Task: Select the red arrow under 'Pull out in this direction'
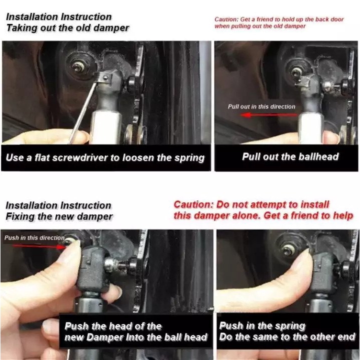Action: coord(269,115)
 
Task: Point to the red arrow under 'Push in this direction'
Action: coord(39,246)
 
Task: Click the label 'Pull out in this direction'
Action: coord(261,106)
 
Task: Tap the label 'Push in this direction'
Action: coord(34,237)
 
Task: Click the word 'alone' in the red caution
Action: coord(246,215)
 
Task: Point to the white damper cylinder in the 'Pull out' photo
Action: coord(310,128)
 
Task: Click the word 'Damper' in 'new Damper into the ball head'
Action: coord(104,337)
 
